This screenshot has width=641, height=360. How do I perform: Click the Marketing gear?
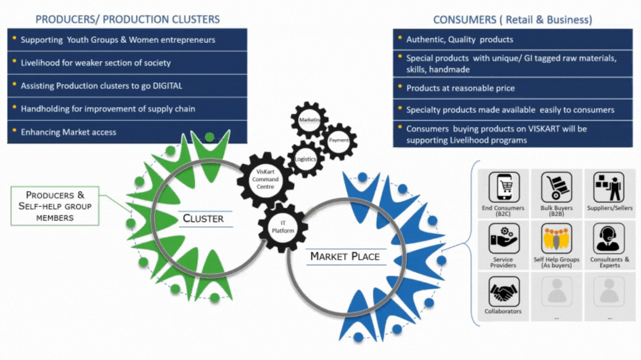click(309, 119)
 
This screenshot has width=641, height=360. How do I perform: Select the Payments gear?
click(339, 141)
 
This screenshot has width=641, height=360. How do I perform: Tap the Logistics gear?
click(305, 159)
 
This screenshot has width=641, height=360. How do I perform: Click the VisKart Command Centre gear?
click(265, 179)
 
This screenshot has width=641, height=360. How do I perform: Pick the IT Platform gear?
click(283, 227)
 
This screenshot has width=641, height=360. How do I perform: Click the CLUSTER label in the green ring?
click(203, 218)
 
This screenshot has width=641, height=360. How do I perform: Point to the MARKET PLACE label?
click(344, 256)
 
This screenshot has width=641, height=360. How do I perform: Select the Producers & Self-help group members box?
click(55, 206)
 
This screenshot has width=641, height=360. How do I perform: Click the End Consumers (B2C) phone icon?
click(504, 187)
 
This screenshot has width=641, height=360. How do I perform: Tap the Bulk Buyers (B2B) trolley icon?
click(556, 187)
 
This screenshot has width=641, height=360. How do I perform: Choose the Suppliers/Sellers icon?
click(609, 187)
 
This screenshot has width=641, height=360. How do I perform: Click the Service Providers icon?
click(504, 238)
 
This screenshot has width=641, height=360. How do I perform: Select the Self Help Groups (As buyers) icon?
click(556, 238)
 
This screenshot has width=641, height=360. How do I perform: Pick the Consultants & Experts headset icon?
click(609, 238)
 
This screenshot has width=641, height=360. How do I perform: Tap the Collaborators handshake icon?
click(504, 291)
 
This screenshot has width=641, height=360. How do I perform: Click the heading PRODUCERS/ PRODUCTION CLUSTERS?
click(127, 19)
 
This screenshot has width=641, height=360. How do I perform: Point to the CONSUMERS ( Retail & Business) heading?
click(512, 20)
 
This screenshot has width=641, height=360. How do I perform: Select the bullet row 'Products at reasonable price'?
click(460, 88)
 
